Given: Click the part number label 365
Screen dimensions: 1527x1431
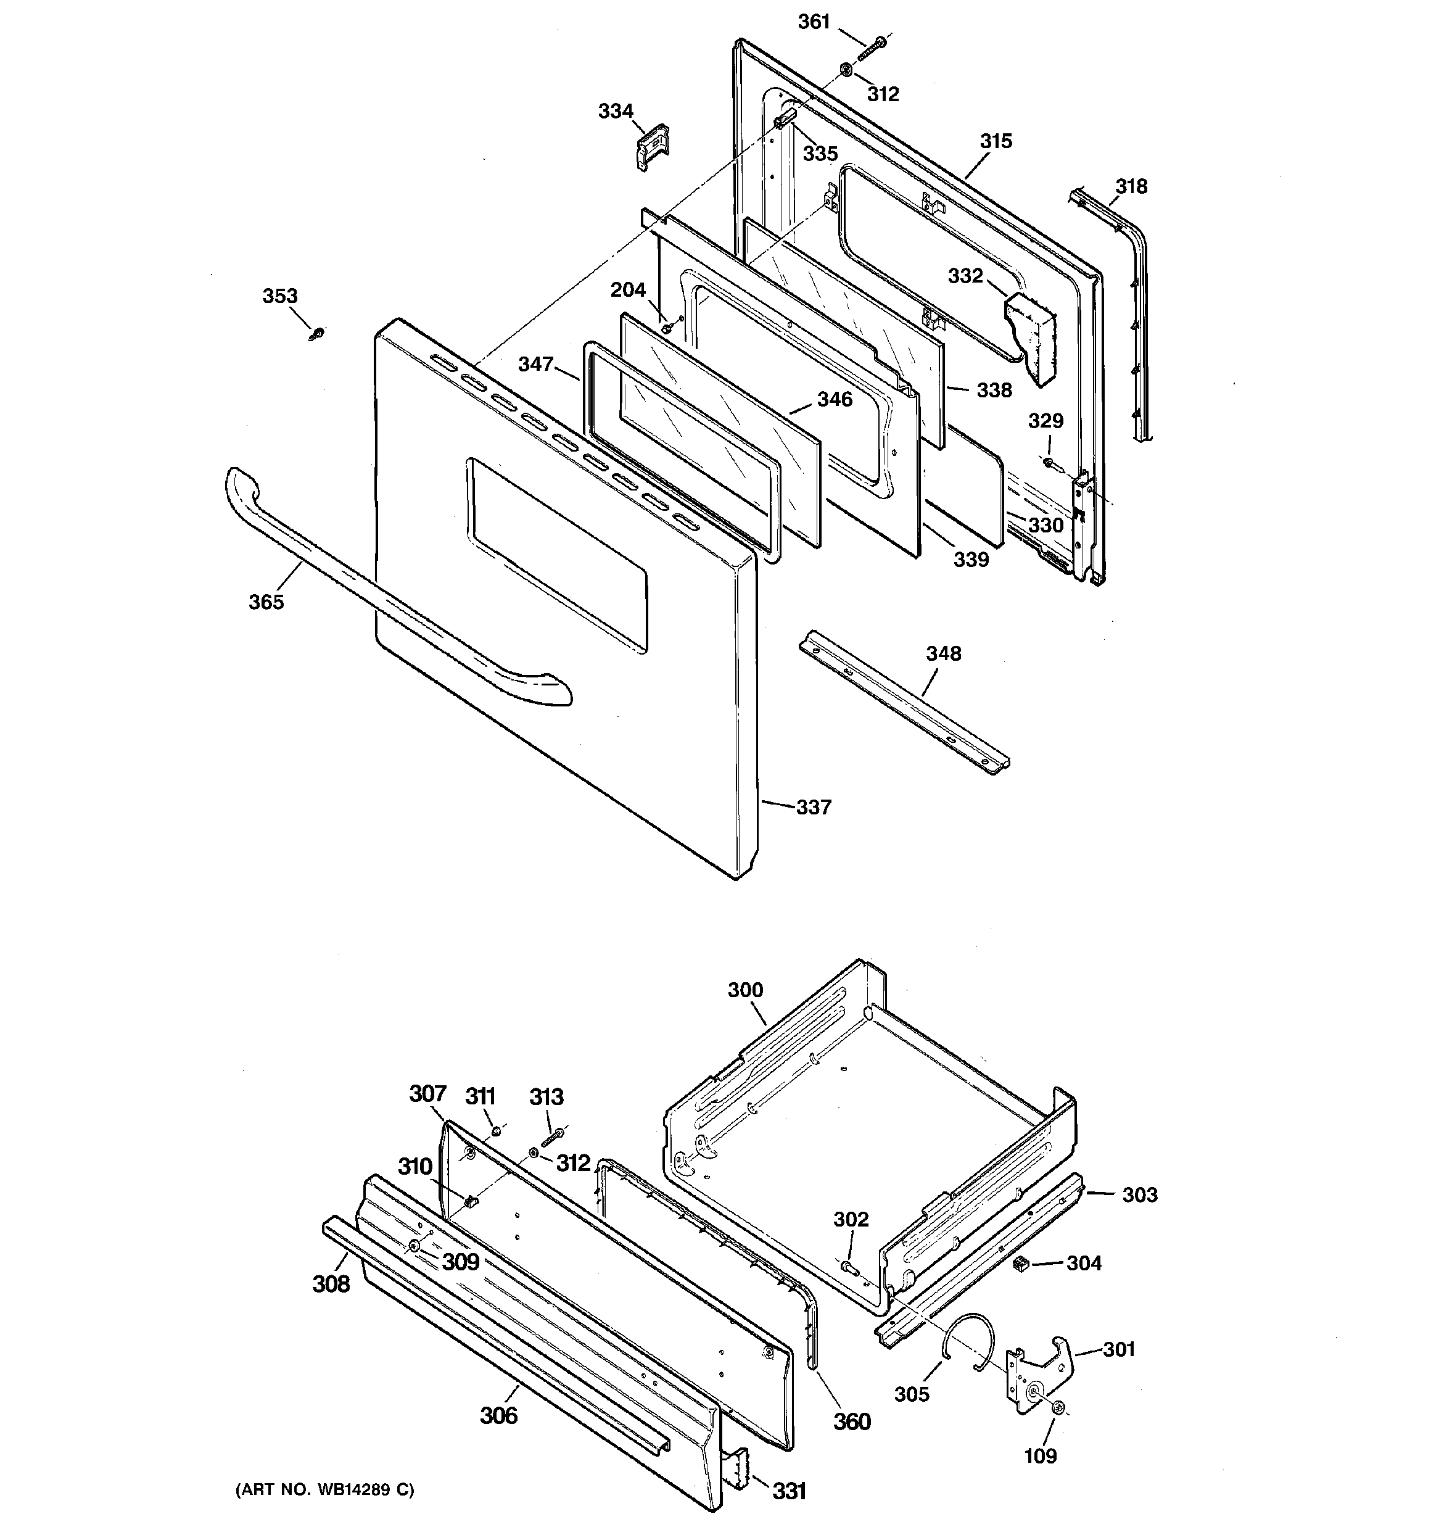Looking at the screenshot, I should pos(266,602).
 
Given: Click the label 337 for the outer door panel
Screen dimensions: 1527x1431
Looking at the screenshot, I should pos(814,807).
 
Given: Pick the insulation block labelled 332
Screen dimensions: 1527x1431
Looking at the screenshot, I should pos(1031,336).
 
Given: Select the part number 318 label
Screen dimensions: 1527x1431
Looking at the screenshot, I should pos(1131,187).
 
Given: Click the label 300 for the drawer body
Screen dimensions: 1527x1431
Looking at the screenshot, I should pos(745,990).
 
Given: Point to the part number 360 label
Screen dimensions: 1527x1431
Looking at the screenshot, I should pos(852,1421).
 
